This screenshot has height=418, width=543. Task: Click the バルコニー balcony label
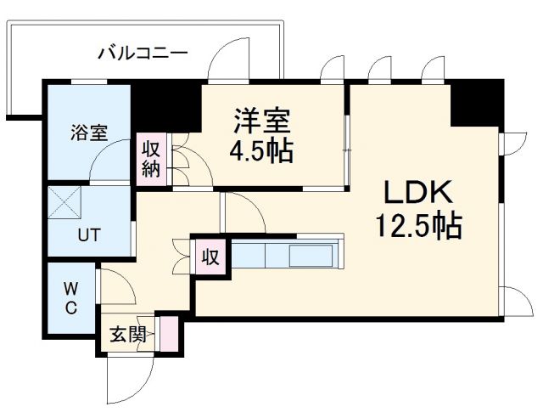143,54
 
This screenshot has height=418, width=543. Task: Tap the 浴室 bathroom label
89,132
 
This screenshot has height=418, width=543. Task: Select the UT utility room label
89,235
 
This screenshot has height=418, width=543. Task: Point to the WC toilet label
71,297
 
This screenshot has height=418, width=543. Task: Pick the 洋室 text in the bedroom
262,121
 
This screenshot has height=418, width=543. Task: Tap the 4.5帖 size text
261,151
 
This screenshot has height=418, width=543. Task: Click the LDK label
418,192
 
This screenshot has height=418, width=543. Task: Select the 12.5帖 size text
418,225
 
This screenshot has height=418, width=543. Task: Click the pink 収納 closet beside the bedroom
151,159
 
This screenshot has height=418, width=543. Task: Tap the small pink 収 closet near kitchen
210,257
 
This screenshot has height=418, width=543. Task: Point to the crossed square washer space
64,202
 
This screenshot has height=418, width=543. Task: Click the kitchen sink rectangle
311,256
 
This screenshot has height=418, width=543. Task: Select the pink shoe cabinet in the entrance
169,333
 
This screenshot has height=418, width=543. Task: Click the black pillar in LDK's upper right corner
477,103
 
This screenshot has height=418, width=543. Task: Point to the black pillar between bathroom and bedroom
166,106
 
